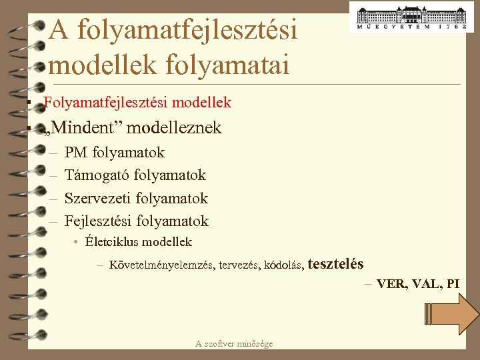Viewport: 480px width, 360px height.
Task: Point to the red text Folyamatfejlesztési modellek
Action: (x=137, y=103)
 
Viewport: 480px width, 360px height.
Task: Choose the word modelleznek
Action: (x=179, y=127)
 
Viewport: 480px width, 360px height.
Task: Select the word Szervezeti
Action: (x=98, y=198)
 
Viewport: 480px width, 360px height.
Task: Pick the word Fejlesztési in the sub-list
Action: (x=98, y=221)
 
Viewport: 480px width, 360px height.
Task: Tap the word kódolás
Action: (x=285, y=265)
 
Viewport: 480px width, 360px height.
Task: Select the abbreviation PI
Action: (x=453, y=283)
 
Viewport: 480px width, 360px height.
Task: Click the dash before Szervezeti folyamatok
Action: (x=53, y=198)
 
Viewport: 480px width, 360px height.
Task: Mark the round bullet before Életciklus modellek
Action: (x=77, y=242)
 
